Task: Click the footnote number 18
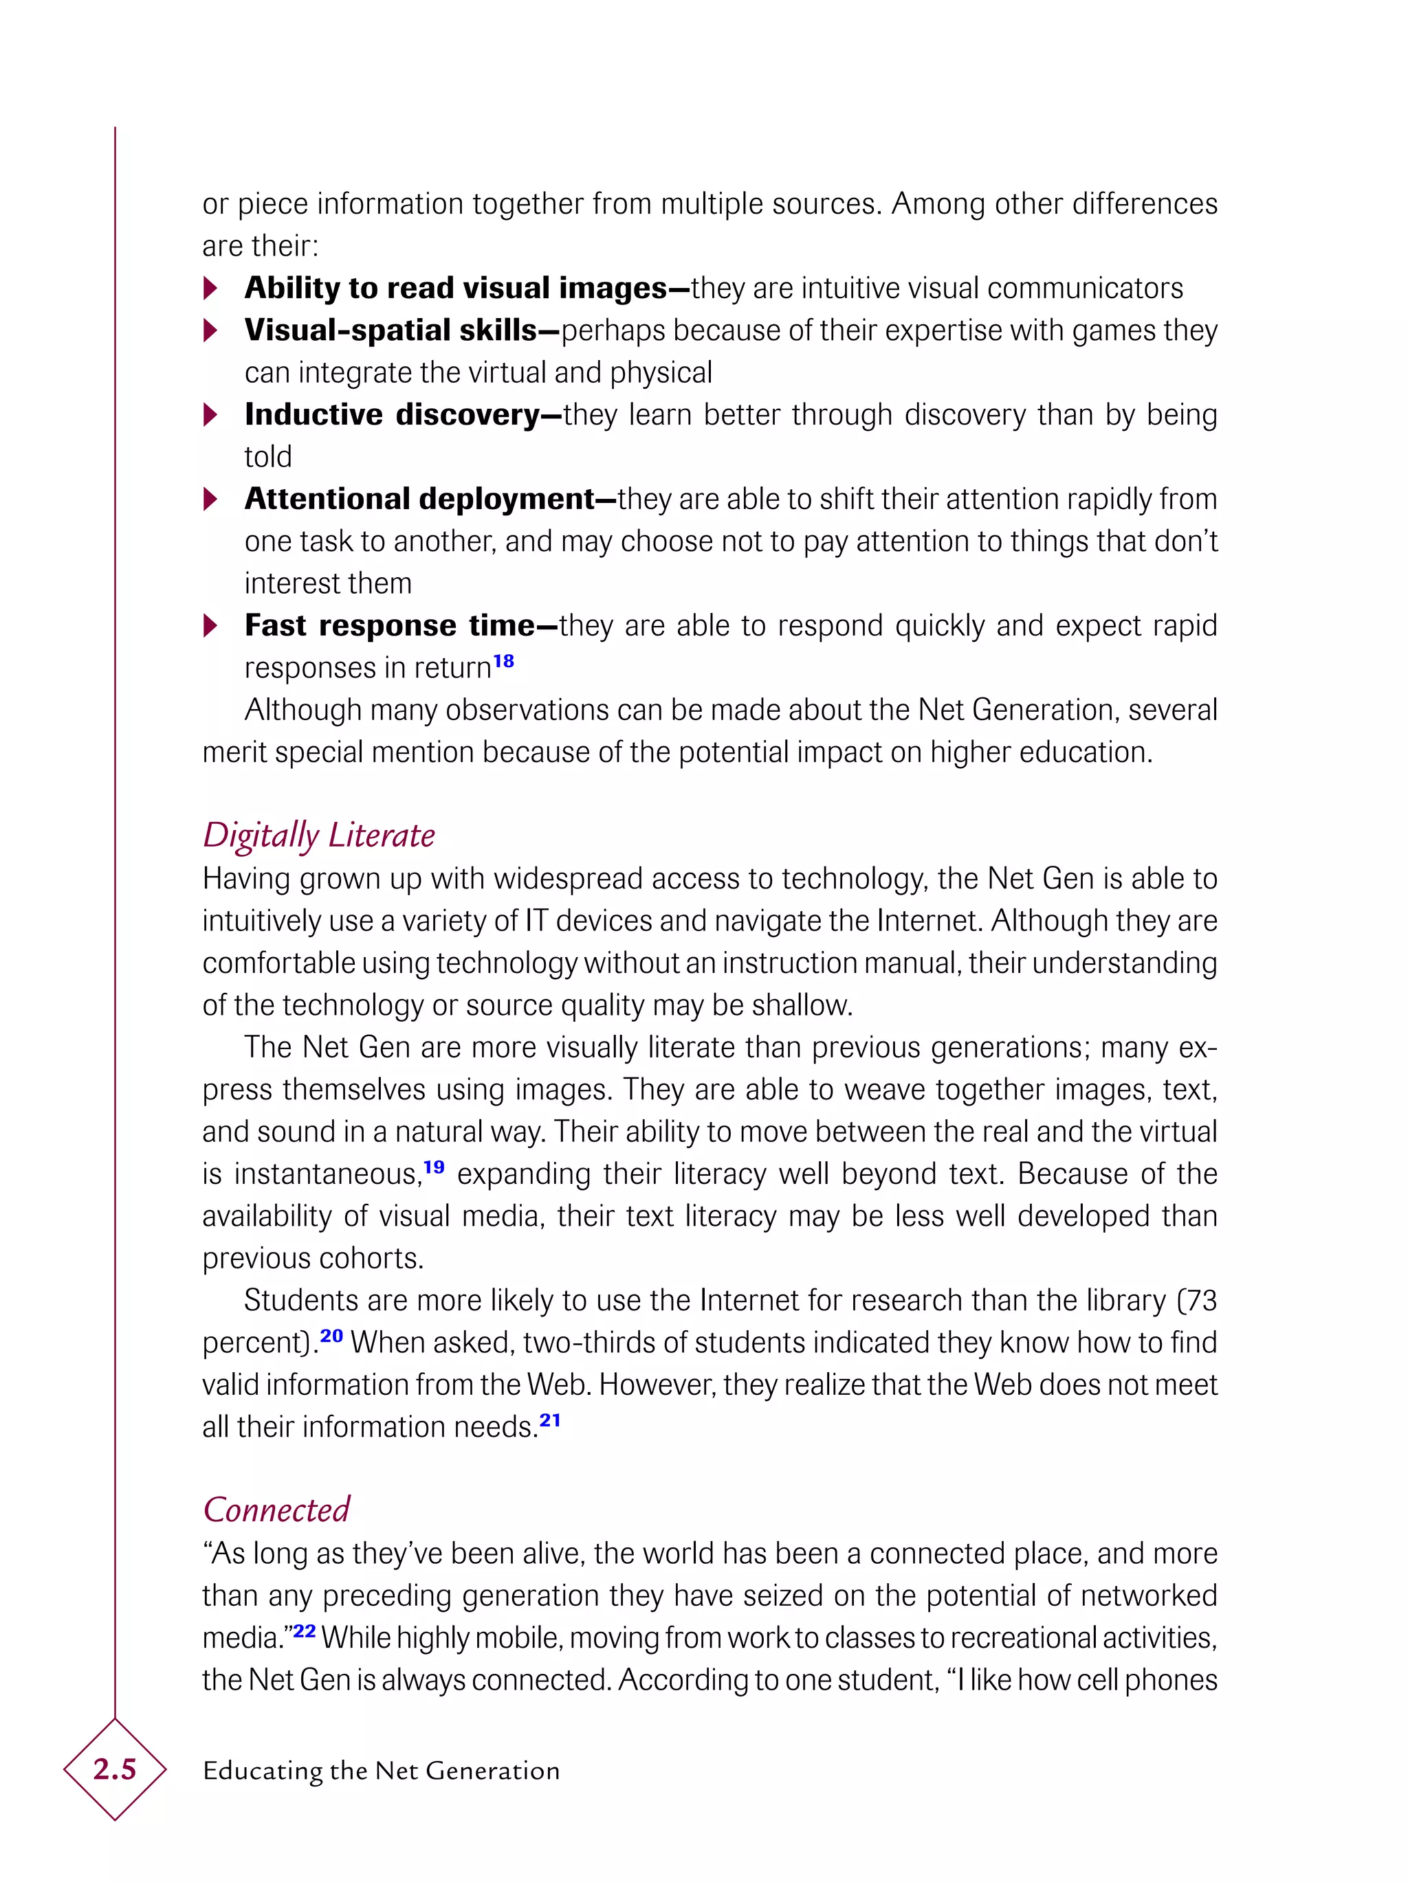(503, 661)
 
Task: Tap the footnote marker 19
(433, 1167)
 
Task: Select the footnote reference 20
(331, 1336)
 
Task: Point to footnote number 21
(550, 1420)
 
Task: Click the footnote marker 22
(304, 1631)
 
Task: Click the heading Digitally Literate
(318, 835)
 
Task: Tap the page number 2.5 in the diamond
(114, 1770)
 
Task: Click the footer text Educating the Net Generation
(380, 1771)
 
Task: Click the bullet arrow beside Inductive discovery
(210, 415)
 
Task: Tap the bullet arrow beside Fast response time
(210, 626)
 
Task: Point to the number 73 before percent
(1200, 1301)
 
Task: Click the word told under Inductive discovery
(267, 458)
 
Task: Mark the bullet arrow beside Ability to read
(210, 289)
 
